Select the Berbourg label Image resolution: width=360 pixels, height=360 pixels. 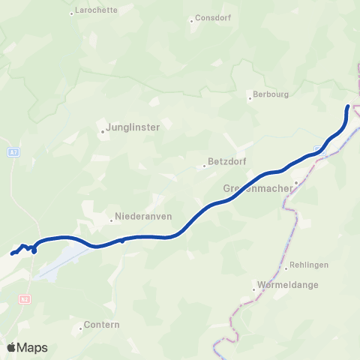271,96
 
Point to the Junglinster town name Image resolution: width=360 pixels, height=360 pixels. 134,127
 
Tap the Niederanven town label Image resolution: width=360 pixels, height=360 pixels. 143,217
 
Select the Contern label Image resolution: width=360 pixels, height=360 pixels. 97,328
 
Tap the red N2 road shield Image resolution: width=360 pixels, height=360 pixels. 25,299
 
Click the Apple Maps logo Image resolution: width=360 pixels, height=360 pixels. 27,347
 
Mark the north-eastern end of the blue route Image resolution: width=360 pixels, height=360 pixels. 348,107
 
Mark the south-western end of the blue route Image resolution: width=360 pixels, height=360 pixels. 13,253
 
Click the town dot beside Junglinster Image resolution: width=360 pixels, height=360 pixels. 103,132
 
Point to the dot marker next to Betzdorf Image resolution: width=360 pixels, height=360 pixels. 205,166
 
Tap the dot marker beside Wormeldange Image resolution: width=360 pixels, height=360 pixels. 254,290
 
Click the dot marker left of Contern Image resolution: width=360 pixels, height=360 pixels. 80,328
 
